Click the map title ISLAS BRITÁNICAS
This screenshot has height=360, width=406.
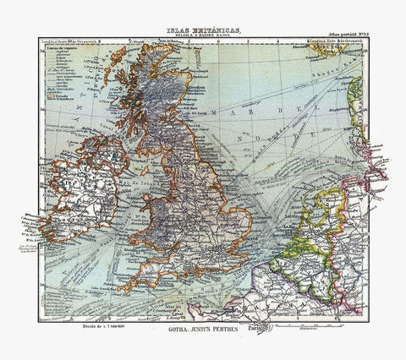click(202, 30)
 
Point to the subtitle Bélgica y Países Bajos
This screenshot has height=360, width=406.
click(202, 36)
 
